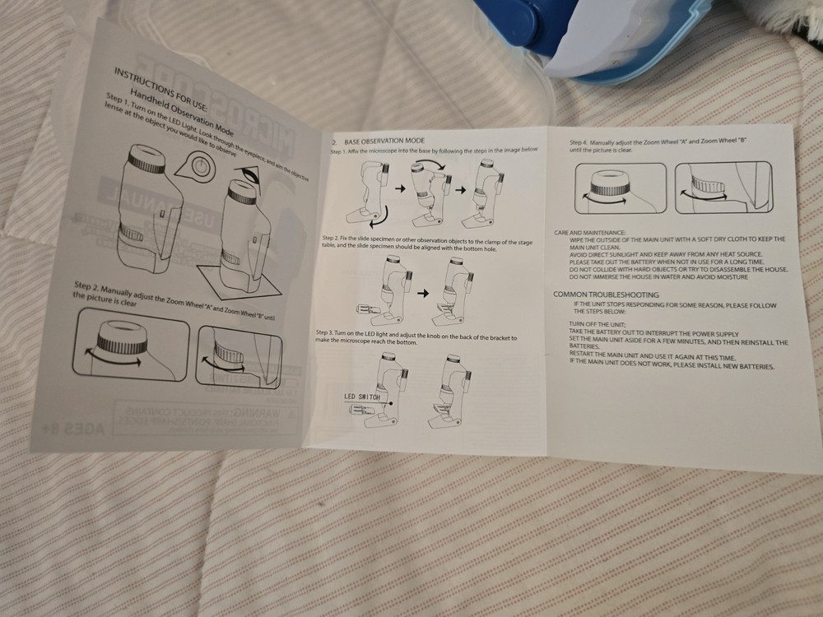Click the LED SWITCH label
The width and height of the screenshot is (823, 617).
[364, 396]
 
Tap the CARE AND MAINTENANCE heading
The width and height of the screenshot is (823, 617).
[591, 233]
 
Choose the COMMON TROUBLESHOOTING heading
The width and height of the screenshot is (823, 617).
[606, 294]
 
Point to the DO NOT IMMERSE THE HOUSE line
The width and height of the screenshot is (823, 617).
[658, 277]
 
